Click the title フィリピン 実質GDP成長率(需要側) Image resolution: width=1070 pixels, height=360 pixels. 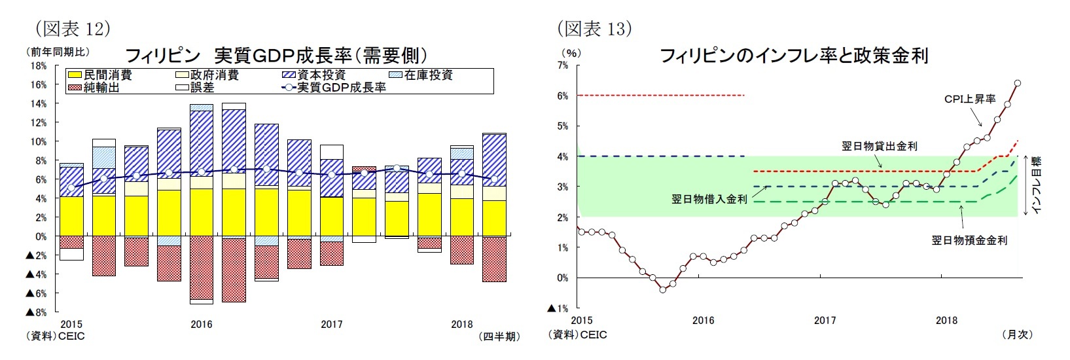tap(276, 55)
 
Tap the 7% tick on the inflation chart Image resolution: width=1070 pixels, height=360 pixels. tap(562, 65)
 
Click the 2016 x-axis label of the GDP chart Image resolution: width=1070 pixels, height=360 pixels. tap(201, 324)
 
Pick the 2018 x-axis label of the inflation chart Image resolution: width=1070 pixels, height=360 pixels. tap(946, 321)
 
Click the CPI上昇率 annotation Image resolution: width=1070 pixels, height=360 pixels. tap(969, 99)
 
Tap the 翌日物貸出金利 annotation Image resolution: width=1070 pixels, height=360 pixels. tap(879, 146)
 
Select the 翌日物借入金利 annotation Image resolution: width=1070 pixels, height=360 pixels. tap(709, 199)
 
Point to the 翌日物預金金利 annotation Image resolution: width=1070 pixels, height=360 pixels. tap(969, 240)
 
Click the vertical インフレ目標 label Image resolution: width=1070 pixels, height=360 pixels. tap(1036, 185)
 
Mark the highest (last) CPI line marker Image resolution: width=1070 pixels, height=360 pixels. tap(1018, 83)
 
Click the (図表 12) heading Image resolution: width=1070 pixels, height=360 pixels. tap(72, 28)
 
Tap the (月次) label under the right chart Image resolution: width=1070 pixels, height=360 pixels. tap(1017, 334)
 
